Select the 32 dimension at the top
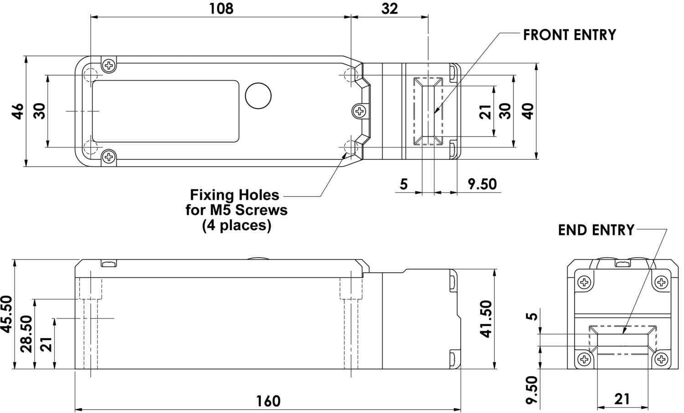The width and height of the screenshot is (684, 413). (389, 8)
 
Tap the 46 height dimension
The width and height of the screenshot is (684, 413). (17, 112)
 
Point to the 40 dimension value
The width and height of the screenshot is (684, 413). (528, 111)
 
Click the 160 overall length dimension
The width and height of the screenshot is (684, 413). (268, 401)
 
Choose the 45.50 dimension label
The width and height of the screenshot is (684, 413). (6, 314)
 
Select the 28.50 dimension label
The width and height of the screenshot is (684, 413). (26, 334)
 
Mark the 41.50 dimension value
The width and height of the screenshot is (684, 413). (487, 319)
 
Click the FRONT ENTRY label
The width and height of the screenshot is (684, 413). (569, 35)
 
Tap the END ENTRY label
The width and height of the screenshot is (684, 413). (596, 230)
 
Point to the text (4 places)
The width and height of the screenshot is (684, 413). (237, 225)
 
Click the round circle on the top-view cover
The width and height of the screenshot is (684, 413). (258, 96)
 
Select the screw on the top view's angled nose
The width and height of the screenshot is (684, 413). (360, 111)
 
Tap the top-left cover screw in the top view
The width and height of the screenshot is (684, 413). (109, 66)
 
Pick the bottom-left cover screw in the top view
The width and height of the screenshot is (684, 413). (109, 157)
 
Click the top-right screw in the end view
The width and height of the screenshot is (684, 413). (661, 282)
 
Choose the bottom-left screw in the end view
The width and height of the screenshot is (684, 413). (584, 359)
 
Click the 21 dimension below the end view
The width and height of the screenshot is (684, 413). (622, 399)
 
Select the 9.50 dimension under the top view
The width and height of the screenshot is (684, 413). (482, 184)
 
